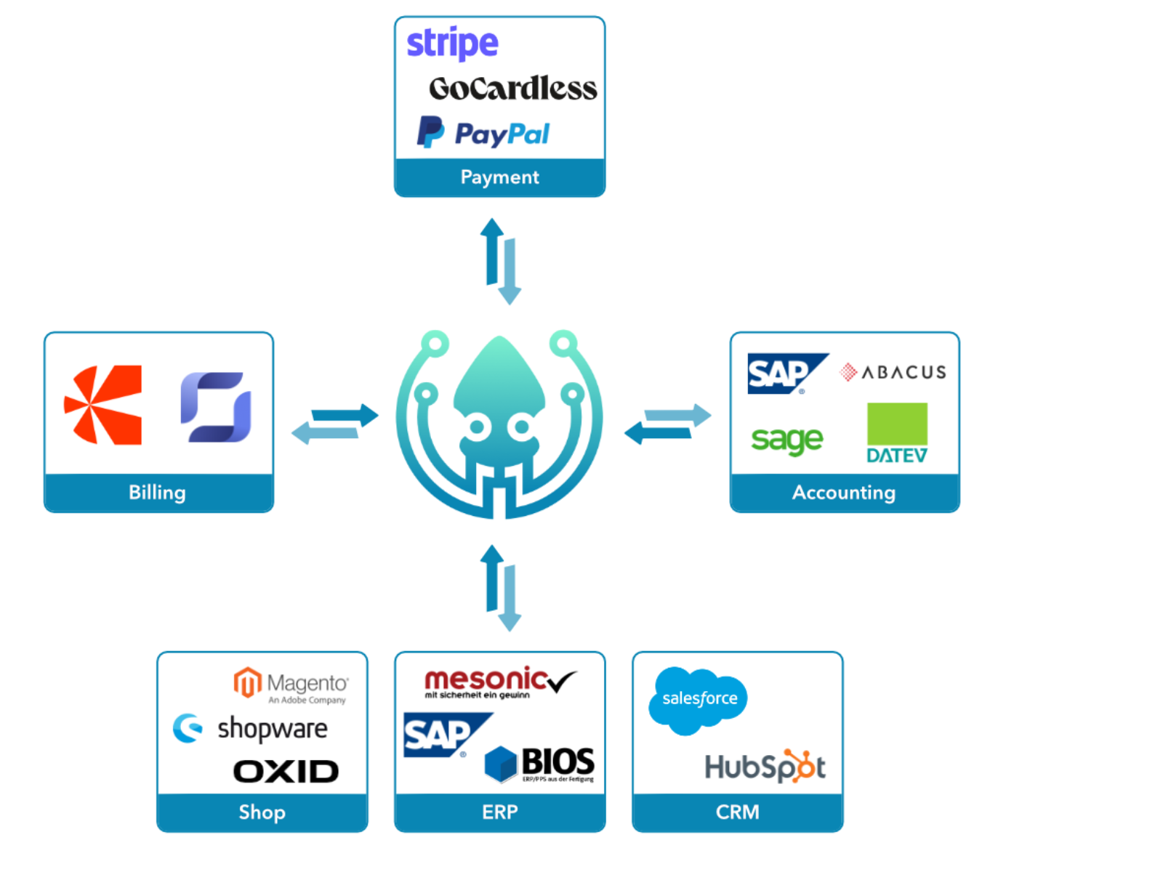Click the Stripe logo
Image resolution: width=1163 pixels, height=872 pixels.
pyautogui.click(x=452, y=44)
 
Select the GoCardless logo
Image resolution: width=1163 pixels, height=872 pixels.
pyautogui.click(x=512, y=89)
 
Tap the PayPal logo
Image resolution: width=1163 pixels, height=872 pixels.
pyautogui.click(x=483, y=133)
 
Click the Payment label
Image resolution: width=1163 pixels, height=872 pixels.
pyautogui.click(x=500, y=177)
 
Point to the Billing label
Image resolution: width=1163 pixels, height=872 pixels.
pyautogui.click(x=157, y=493)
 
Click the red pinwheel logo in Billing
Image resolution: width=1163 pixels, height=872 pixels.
pyautogui.click(x=103, y=405)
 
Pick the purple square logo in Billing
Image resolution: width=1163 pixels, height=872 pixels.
pyautogui.click(x=216, y=407)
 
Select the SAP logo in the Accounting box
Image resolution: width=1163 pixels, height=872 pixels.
pyautogui.click(x=785, y=374)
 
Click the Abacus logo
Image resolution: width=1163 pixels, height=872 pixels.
pyautogui.click(x=893, y=373)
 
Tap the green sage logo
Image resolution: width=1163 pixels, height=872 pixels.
pyautogui.click(x=786, y=440)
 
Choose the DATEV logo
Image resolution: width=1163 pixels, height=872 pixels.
pyautogui.click(x=897, y=433)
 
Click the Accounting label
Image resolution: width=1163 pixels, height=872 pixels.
pyautogui.click(x=843, y=493)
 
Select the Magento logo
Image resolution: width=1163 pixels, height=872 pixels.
pyautogui.click(x=291, y=685)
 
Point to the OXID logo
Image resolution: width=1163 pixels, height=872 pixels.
pyautogui.click(x=286, y=771)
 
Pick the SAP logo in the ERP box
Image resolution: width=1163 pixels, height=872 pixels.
pyautogui.click(x=445, y=735)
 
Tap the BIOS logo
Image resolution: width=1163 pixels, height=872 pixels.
pyautogui.click(x=539, y=763)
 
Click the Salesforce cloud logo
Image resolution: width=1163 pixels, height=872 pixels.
pyautogui.click(x=697, y=699)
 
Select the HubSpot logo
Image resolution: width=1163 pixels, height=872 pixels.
pyautogui.click(x=765, y=767)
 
